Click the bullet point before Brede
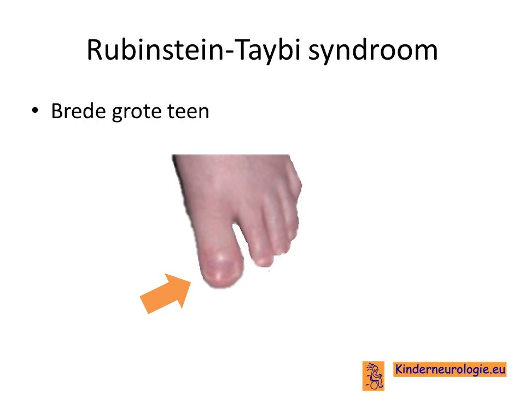click(34, 110)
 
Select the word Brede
click(79, 111)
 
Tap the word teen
click(188, 112)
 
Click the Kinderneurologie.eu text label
click(450, 369)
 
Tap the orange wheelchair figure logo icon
click(374, 376)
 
